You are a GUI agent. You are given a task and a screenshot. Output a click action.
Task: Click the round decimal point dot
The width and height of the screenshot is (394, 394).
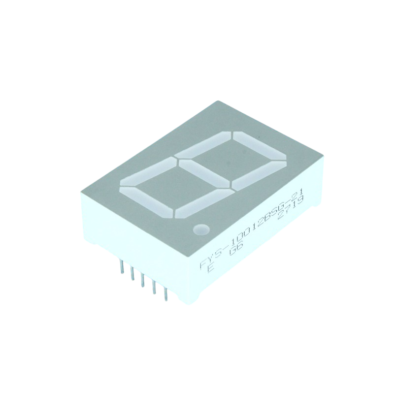pos(200,229)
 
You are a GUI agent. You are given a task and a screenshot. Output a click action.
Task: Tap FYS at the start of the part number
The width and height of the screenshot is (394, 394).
pos(209,259)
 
